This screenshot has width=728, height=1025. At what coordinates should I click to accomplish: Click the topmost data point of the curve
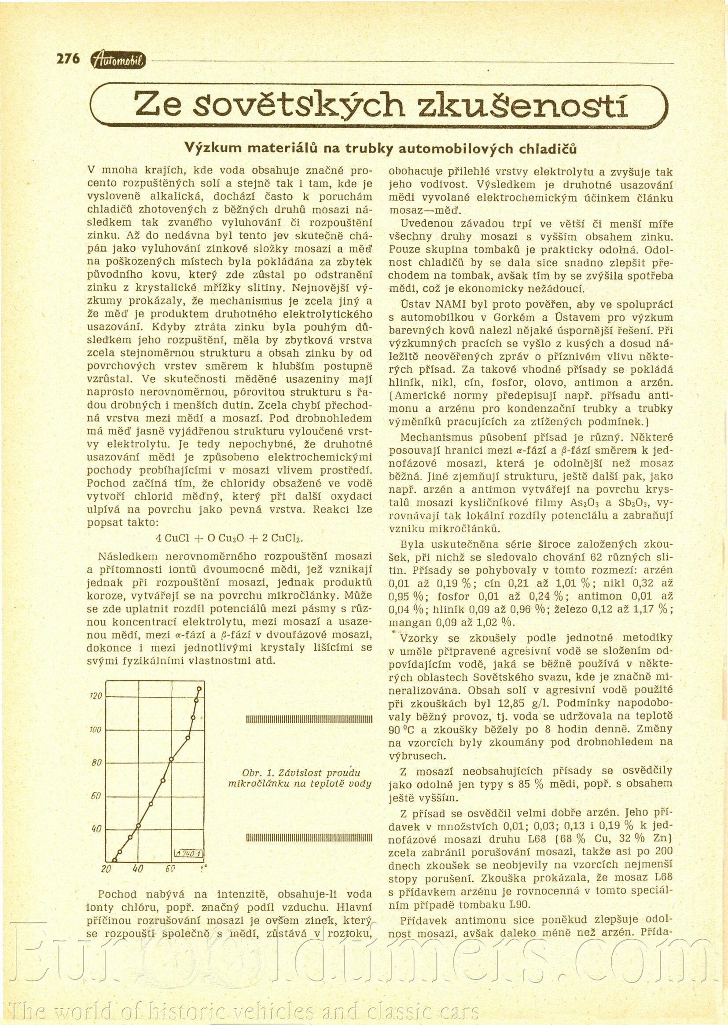199,688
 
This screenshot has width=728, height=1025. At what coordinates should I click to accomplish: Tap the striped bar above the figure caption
310,720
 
